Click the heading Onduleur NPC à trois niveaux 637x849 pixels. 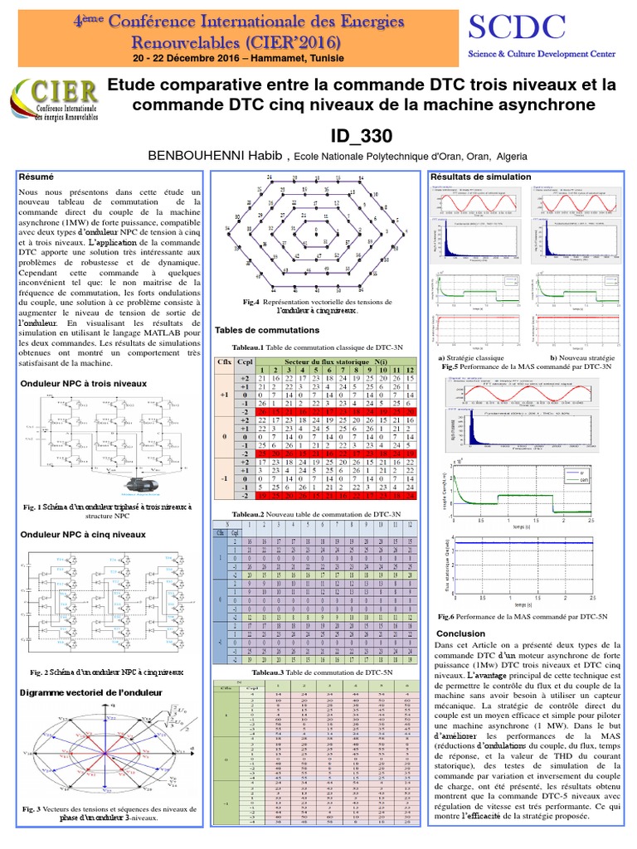coord(83,383)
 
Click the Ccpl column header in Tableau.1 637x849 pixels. coord(245,362)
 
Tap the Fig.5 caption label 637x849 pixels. coord(450,365)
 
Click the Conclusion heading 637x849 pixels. coord(460,633)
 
